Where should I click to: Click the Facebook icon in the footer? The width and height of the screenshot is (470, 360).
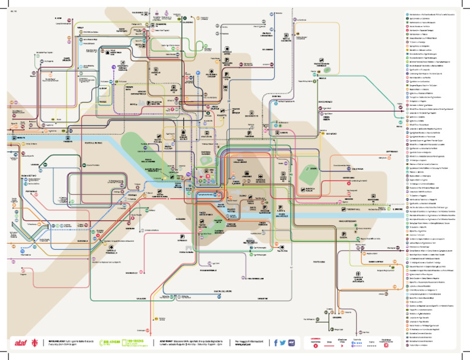click(x=277, y=342)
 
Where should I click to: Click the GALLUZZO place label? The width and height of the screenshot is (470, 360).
click(x=141, y=298)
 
